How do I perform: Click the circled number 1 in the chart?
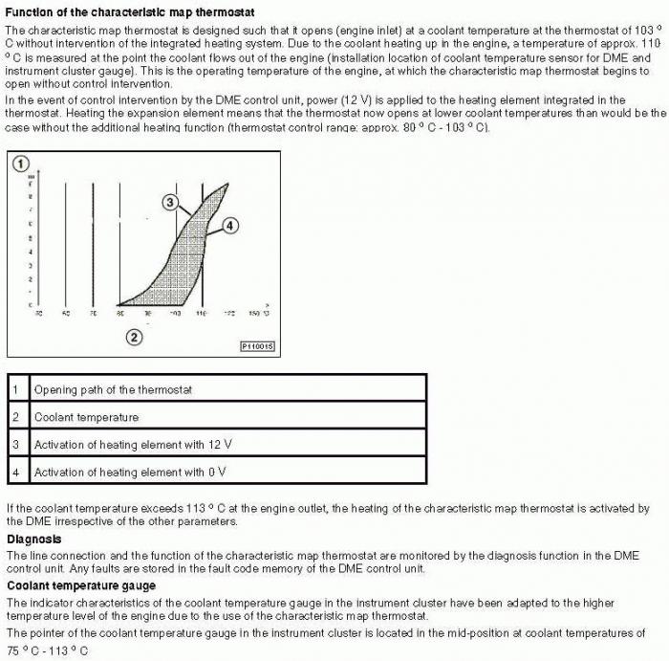tap(21, 165)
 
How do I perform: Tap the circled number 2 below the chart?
tap(135, 336)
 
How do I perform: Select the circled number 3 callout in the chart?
tap(169, 202)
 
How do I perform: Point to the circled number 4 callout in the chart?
tap(230, 226)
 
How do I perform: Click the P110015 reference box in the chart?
tap(257, 345)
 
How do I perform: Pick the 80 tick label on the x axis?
tap(120, 314)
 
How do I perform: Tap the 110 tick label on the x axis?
tap(202, 314)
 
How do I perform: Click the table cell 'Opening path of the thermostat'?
tap(113, 390)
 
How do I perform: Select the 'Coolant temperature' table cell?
tap(86, 417)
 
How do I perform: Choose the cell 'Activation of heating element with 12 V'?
tap(133, 445)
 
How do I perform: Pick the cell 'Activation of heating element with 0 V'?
tap(130, 473)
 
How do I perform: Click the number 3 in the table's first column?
tap(15, 445)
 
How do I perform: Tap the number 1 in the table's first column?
tap(15, 390)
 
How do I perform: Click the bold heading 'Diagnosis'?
tap(34, 539)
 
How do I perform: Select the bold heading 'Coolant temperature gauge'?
tap(81, 584)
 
